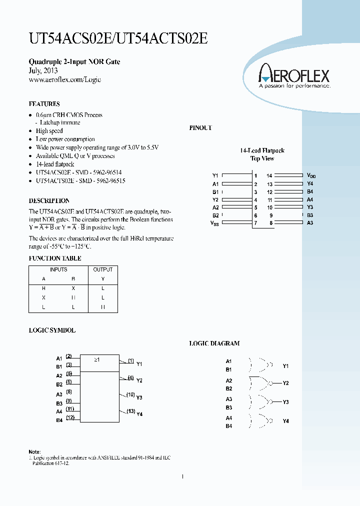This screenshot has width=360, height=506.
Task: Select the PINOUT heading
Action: click(200, 128)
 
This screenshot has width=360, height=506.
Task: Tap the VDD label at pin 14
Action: click(311, 175)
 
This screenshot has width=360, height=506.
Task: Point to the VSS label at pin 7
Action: click(215, 223)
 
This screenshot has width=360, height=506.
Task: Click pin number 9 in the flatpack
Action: click(270, 215)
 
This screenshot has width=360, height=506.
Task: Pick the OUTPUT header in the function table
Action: click(103, 269)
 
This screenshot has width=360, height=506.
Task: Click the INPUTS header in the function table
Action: click(58, 269)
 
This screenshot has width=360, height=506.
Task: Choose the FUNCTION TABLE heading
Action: click(55, 258)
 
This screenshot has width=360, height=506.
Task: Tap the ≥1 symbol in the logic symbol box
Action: click(97, 359)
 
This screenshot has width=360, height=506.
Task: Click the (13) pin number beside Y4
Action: click(130, 411)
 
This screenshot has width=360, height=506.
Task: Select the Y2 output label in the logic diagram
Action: click(285, 383)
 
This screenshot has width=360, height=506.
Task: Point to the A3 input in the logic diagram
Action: click(228, 399)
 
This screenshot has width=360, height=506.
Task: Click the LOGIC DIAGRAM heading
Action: click(214, 343)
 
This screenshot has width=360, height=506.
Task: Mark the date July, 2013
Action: click(43, 71)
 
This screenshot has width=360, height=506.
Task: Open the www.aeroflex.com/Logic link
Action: click(65, 80)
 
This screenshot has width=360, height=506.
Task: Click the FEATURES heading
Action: click(44, 104)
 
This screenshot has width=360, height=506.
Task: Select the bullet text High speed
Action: click(49, 131)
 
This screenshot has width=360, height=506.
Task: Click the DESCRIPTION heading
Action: click(48, 200)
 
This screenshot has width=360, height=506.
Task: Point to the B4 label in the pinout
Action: click(310, 191)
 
